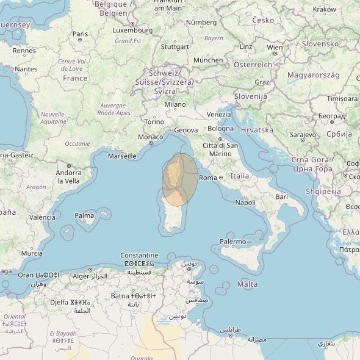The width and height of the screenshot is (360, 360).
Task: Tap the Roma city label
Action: (x=209, y=178)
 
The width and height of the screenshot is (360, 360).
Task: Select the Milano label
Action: (x=175, y=105)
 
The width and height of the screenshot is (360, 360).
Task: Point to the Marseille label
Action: (x=122, y=156)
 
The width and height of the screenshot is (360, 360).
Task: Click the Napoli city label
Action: (x=245, y=203)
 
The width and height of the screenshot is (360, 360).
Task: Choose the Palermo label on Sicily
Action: (x=232, y=242)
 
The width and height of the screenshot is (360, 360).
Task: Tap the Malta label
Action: (x=247, y=284)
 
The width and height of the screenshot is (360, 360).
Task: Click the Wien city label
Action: (x=275, y=48)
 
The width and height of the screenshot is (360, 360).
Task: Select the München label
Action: (x=208, y=60)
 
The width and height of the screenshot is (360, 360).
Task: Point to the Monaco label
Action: (x=151, y=137)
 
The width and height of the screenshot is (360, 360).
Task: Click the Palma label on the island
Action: (x=84, y=215)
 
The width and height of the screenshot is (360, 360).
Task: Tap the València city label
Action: (x=43, y=217)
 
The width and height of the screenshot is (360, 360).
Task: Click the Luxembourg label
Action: (x=133, y=30)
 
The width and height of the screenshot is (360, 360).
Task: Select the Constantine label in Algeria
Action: (x=139, y=256)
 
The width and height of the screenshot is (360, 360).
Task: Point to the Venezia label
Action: (x=219, y=115)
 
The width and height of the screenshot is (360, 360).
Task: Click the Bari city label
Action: (x=281, y=196)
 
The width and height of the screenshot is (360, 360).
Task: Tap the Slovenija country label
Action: (x=251, y=96)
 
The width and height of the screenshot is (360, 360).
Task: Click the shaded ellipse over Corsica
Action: (x=180, y=181)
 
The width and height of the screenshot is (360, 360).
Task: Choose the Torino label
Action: (x=154, y=121)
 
